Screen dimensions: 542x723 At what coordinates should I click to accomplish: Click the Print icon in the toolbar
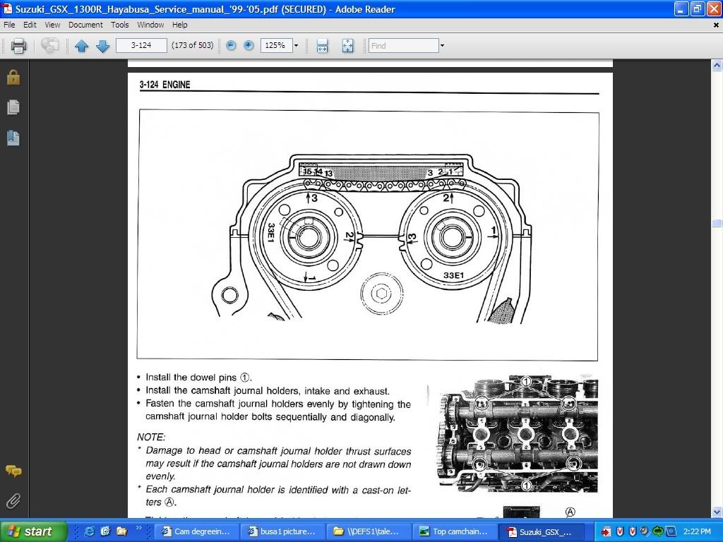pyautogui.click(x=18, y=46)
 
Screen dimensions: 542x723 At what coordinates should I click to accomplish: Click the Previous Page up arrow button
pyautogui.click(x=81, y=46)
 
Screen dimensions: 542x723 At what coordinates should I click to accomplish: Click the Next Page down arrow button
pyautogui.click(x=102, y=46)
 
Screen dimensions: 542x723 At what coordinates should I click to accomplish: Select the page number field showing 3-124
pyautogui.click(x=141, y=46)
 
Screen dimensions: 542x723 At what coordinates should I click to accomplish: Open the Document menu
pyautogui.click(x=85, y=25)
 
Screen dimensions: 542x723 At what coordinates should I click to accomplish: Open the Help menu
pyautogui.click(x=179, y=25)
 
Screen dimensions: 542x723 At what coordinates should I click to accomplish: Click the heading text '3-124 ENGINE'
pyautogui.click(x=165, y=85)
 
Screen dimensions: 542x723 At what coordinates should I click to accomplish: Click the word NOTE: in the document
pyautogui.click(x=151, y=438)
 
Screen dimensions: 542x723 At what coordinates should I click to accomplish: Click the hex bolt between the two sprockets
pyautogui.click(x=381, y=292)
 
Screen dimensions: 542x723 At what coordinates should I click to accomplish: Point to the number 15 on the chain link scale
pyautogui.click(x=307, y=171)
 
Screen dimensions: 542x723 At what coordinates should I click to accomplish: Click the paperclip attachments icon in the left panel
pyautogui.click(x=13, y=501)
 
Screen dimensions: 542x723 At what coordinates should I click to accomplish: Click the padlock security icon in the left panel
pyautogui.click(x=13, y=77)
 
